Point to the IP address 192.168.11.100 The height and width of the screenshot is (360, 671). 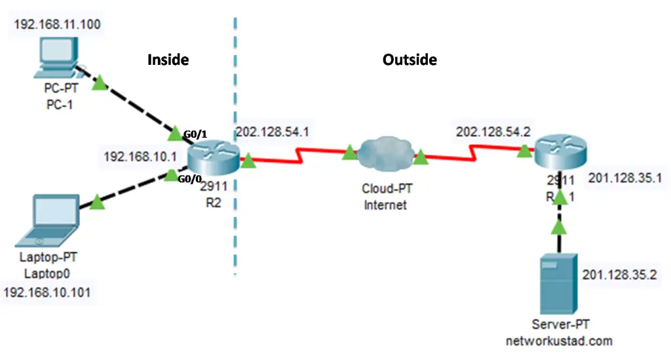(x=57, y=26)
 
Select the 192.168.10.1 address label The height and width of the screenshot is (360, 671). (x=140, y=157)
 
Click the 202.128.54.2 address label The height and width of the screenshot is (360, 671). (x=493, y=131)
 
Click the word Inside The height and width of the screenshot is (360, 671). (x=168, y=60)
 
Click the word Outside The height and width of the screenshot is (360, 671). (x=410, y=60)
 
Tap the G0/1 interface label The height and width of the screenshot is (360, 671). (x=195, y=135)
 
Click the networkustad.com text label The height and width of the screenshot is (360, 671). (x=559, y=341)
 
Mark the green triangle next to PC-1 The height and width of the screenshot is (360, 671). (x=100, y=83)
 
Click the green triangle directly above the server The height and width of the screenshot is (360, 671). (x=558, y=227)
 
